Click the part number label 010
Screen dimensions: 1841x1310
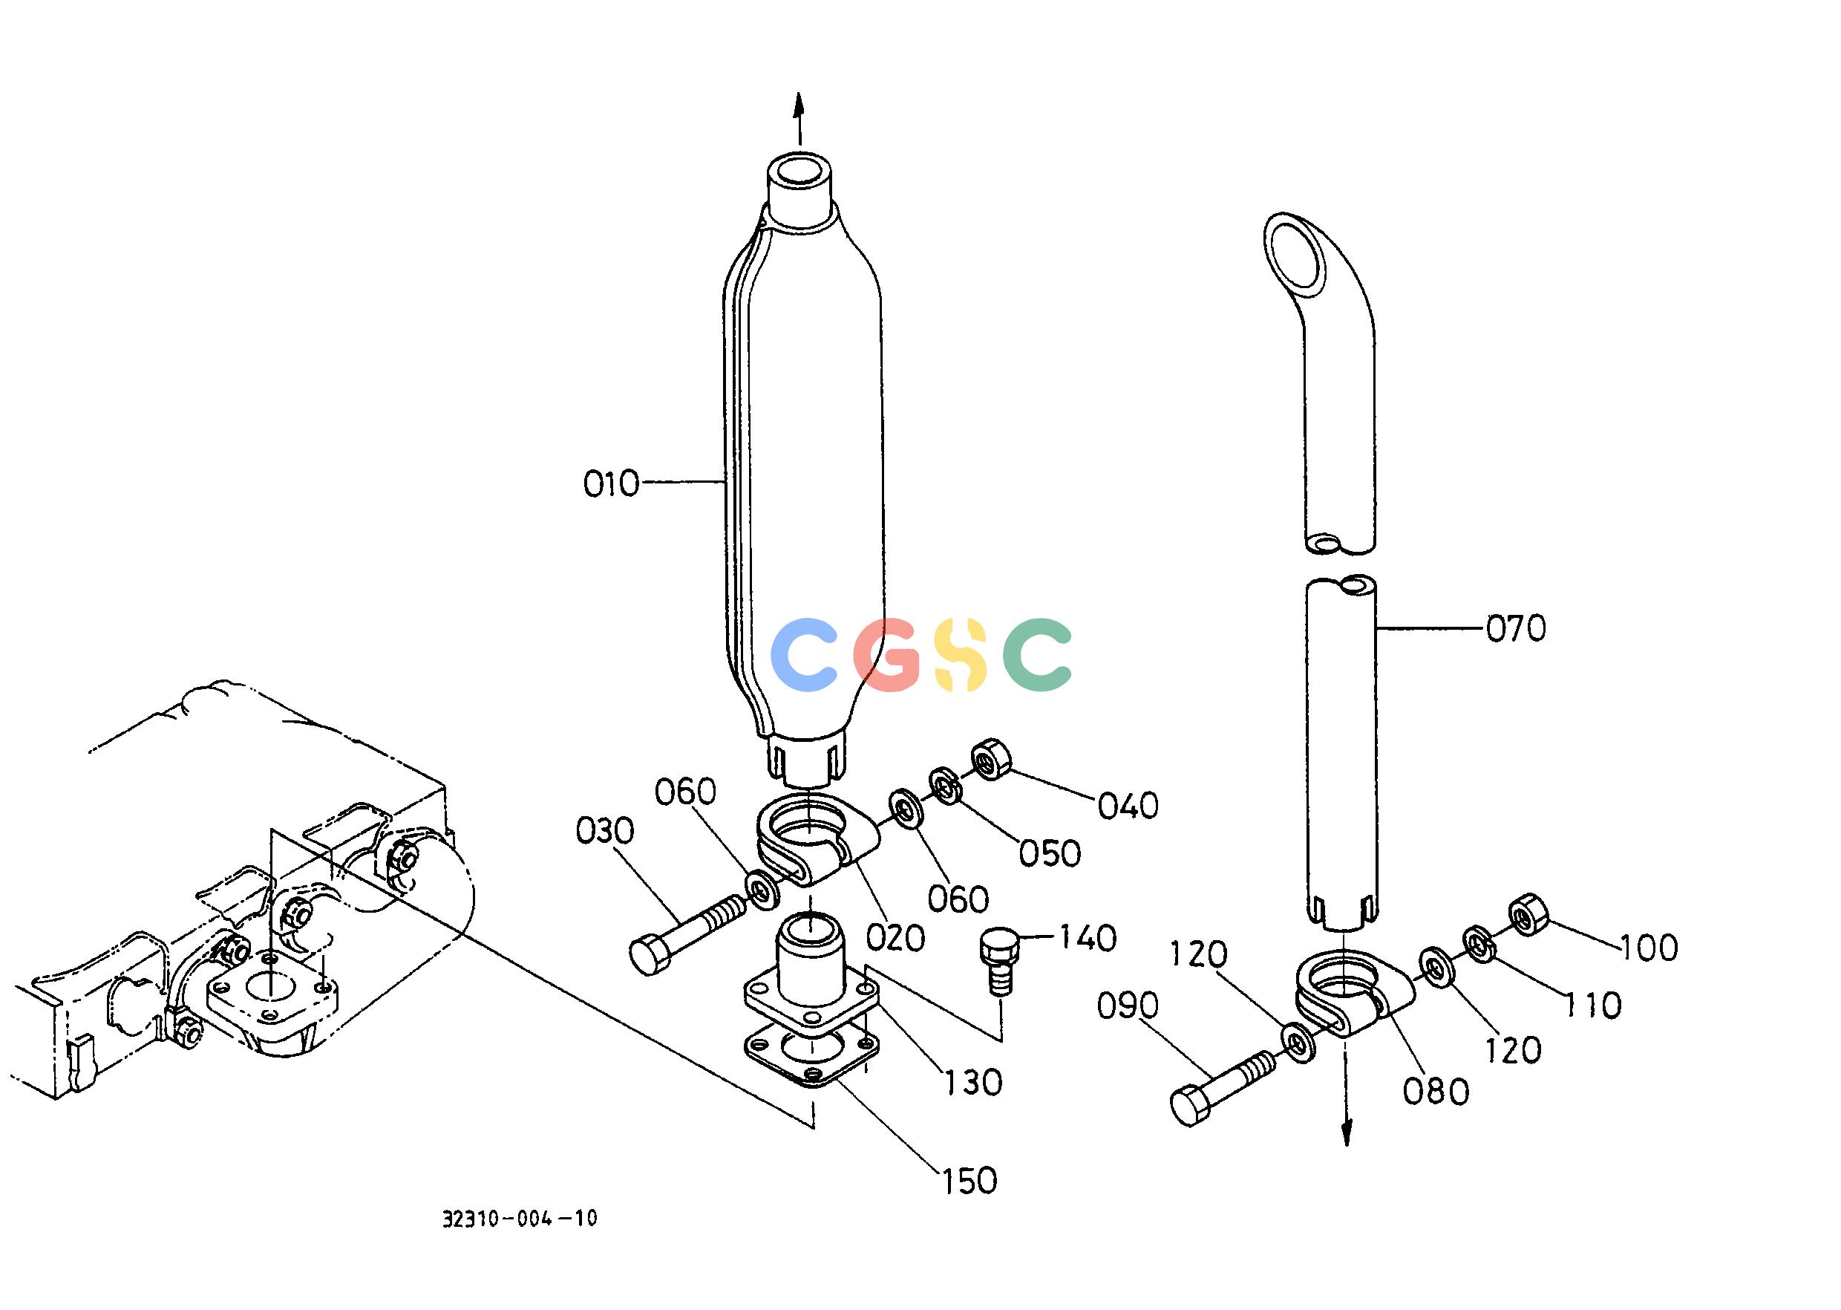(x=611, y=484)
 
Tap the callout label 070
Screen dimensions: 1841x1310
(x=1516, y=628)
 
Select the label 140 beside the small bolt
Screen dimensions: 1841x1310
(x=1087, y=938)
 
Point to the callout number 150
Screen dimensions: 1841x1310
(x=969, y=1182)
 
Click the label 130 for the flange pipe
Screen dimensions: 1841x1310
(x=973, y=1083)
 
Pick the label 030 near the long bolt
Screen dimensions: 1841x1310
(x=606, y=831)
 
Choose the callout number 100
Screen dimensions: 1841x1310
(x=1648, y=948)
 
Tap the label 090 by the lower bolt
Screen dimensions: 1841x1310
(x=1128, y=1006)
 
